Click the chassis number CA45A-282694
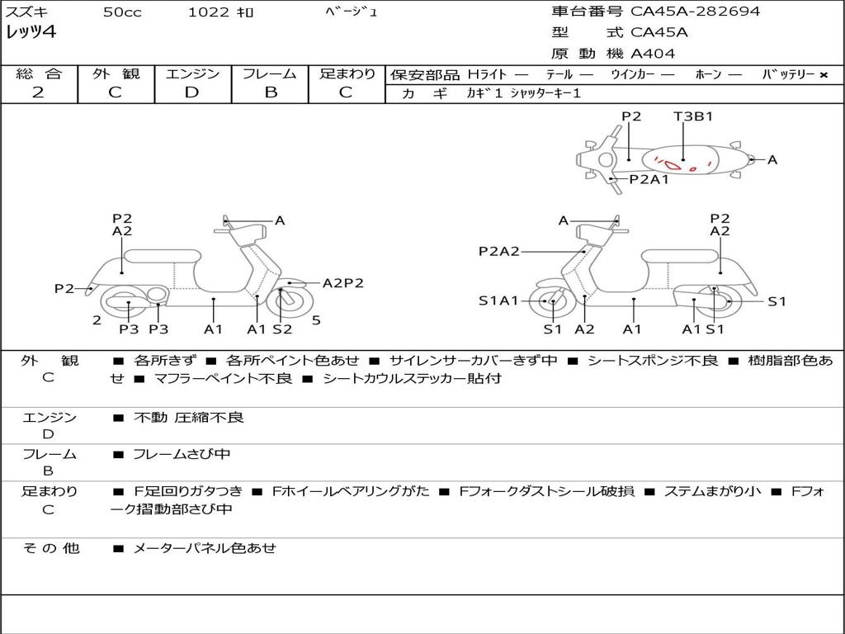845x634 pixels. [x=695, y=12]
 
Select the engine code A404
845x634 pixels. [x=653, y=54]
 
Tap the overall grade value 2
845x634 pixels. [x=38, y=92]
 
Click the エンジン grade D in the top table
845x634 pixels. [x=191, y=92]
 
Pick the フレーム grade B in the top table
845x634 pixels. [x=271, y=92]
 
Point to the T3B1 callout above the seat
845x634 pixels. [x=693, y=116]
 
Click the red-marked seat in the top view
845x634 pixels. [x=680, y=160]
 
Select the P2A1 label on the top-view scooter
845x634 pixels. [x=649, y=179]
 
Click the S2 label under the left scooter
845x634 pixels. [x=282, y=329]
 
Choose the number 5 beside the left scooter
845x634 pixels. [x=316, y=320]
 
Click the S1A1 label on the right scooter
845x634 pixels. [x=498, y=300]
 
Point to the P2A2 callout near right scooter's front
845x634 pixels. [x=499, y=251]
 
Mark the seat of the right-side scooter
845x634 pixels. [x=680, y=258]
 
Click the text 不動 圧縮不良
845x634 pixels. [x=189, y=417]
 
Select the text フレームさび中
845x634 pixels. [x=182, y=454]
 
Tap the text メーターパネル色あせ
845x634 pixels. [x=205, y=548]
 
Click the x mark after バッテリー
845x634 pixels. [x=824, y=75]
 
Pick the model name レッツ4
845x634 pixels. [x=31, y=32]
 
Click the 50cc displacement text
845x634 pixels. [x=122, y=12]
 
